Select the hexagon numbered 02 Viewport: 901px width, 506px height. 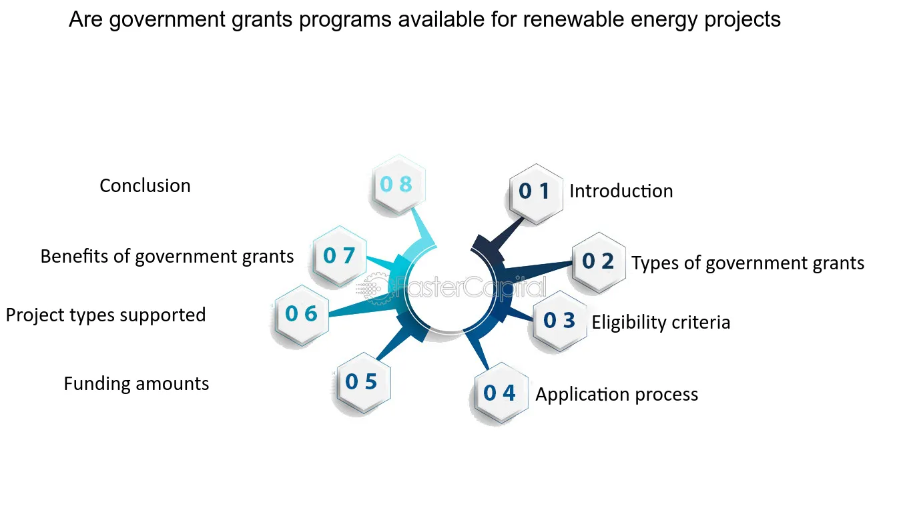point(599,262)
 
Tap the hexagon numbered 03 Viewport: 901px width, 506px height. point(560,321)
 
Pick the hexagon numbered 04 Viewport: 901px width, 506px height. point(501,393)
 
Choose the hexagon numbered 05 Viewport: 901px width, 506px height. point(364,382)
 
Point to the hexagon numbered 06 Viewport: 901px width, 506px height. point(302,315)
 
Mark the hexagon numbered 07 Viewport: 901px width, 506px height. point(340,255)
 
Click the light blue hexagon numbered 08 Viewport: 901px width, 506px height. point(398,184)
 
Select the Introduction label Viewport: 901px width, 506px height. point(621,191)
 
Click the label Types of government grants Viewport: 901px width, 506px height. point(747,263)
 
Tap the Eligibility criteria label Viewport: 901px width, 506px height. point(661,322)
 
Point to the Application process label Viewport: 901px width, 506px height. point(617,394)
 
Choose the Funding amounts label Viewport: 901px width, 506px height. point(136,383)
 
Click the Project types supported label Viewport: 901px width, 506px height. point(106,315)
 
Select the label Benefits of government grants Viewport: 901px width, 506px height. point(168,257)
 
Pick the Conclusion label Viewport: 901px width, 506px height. point(145,186)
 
